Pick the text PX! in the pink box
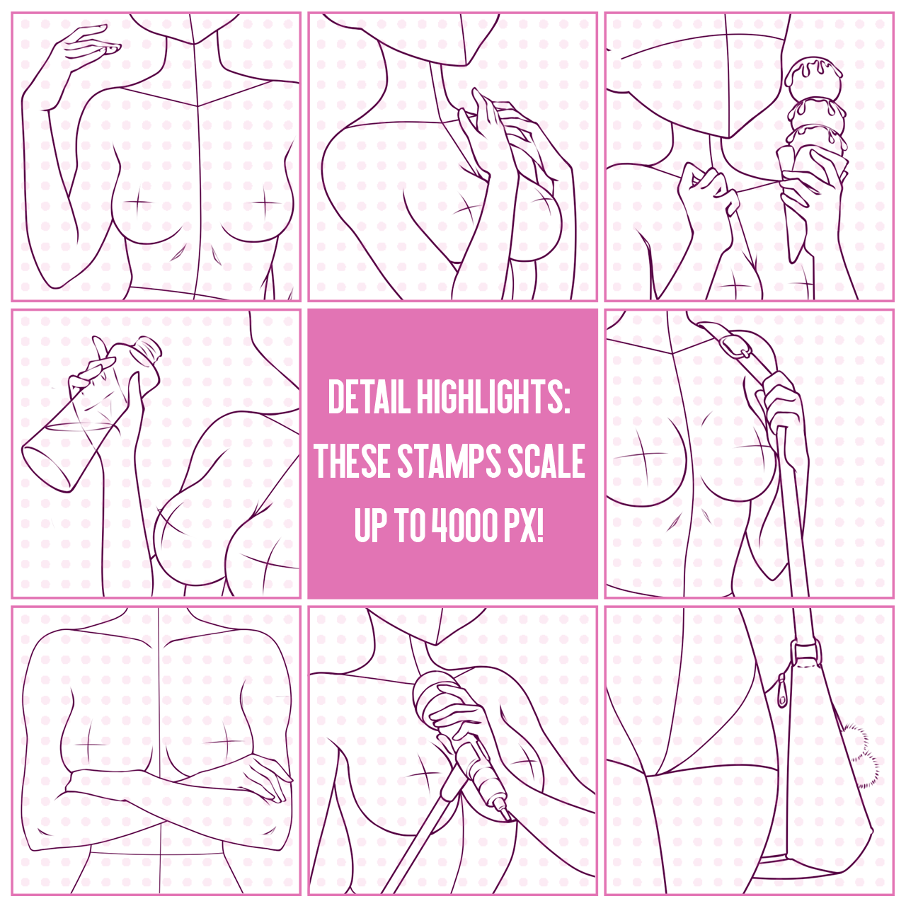pos(524,524)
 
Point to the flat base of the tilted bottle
pos(46,467)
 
